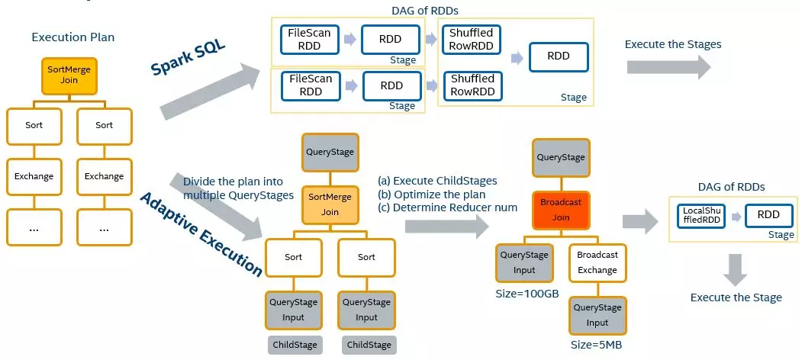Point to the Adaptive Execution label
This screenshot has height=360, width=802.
(x=201, y=233)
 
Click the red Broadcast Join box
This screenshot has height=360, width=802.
(x=560, y=210)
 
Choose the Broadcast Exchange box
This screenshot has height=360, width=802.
(x=597, y=262)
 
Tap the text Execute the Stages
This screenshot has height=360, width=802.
(x=672, y=44)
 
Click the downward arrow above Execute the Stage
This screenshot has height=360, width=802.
(x=735, y=268)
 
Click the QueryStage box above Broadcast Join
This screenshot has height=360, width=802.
(x=560, y=157)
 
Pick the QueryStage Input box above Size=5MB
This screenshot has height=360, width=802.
(x=597, y=314)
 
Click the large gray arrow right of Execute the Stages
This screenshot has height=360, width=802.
(x=668, y=66)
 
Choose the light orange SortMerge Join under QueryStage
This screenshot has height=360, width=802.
(x=330, y=204)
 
